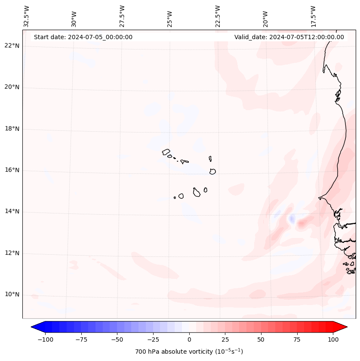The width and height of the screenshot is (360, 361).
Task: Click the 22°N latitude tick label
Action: coord(12,46)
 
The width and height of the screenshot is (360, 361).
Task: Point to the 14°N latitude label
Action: coord(12,212)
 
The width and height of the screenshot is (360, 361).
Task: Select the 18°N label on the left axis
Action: coord(12,129)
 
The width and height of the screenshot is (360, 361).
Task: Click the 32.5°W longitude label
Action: coord(27,16)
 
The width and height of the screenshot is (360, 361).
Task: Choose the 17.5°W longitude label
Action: coord(314,16)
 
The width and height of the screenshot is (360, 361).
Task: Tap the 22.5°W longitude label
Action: coord(218,16)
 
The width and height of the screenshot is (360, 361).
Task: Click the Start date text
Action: coord(83,37)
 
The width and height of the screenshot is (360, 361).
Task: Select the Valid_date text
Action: coord(289,37)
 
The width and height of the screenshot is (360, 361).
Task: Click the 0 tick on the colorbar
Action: coord(189,339)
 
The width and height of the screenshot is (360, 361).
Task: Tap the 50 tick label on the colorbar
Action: coord(261,339)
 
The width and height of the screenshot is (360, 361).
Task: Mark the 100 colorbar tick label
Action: coord(332,339)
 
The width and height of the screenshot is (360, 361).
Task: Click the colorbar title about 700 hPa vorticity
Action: coord(189,352)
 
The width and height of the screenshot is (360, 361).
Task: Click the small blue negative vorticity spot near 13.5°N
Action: coord(292,219)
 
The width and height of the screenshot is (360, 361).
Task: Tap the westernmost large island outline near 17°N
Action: coord(166,152)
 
